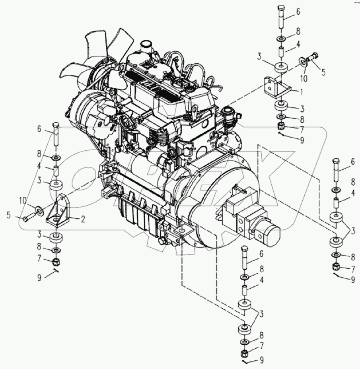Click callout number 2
tap(83, 219)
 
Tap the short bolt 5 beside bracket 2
tap(30, 216)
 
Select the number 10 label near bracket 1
tap(304, 79)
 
